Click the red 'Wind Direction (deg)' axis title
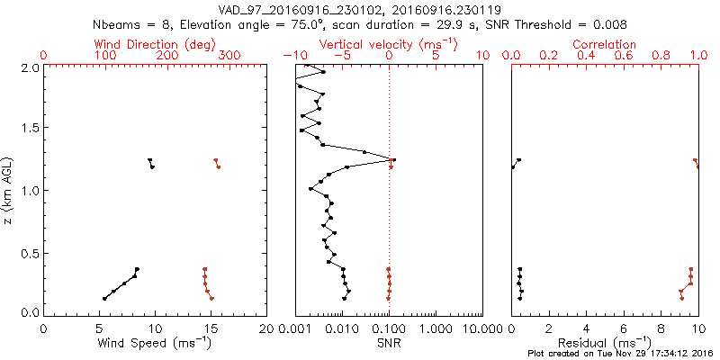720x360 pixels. click(x=136, y=44)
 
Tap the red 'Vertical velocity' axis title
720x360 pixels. click(x=388, y=44)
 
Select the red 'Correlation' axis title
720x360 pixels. click(x=604, y=44)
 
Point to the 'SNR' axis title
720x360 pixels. click(x=389, y=342)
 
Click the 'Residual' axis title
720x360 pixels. click(x=605, y=342)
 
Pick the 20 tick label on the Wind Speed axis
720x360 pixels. click(x=266, y=328)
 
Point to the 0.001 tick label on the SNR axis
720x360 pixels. click(x=296, y=328)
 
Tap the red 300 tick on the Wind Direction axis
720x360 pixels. click(x=229, y=56)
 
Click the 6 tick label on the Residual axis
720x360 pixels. click(x=624, y=328)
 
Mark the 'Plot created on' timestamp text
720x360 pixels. click(x=620, y=353)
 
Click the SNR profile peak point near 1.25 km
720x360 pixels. click(x=394, y=160)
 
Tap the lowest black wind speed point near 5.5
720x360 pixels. click(x=105, y=299)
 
